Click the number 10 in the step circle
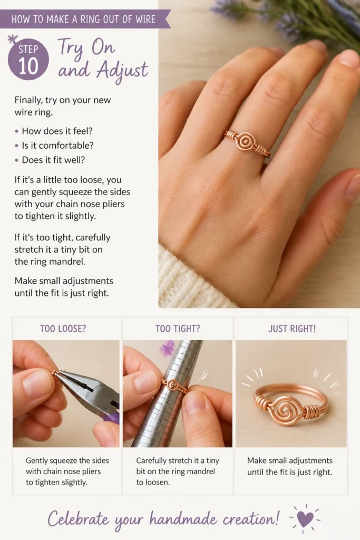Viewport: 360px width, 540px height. tap(28, 65)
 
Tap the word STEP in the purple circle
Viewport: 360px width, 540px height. tap(28, 49)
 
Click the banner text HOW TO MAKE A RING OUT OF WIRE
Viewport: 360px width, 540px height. tap(83, 20)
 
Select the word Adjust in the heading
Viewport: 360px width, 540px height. tap(122, 71)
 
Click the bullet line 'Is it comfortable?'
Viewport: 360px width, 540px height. tap(57, 146)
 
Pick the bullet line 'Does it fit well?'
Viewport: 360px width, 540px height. tap(53, 160)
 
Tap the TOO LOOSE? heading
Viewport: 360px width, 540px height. tap(63, 329)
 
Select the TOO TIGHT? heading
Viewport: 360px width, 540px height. tap(178, 329)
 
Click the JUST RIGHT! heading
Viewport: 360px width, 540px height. tap(292, 329)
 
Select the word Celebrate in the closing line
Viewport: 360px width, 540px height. tap(79, 519)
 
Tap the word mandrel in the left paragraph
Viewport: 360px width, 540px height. tap(68, 262)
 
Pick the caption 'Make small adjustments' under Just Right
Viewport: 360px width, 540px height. tap(290, 460)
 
